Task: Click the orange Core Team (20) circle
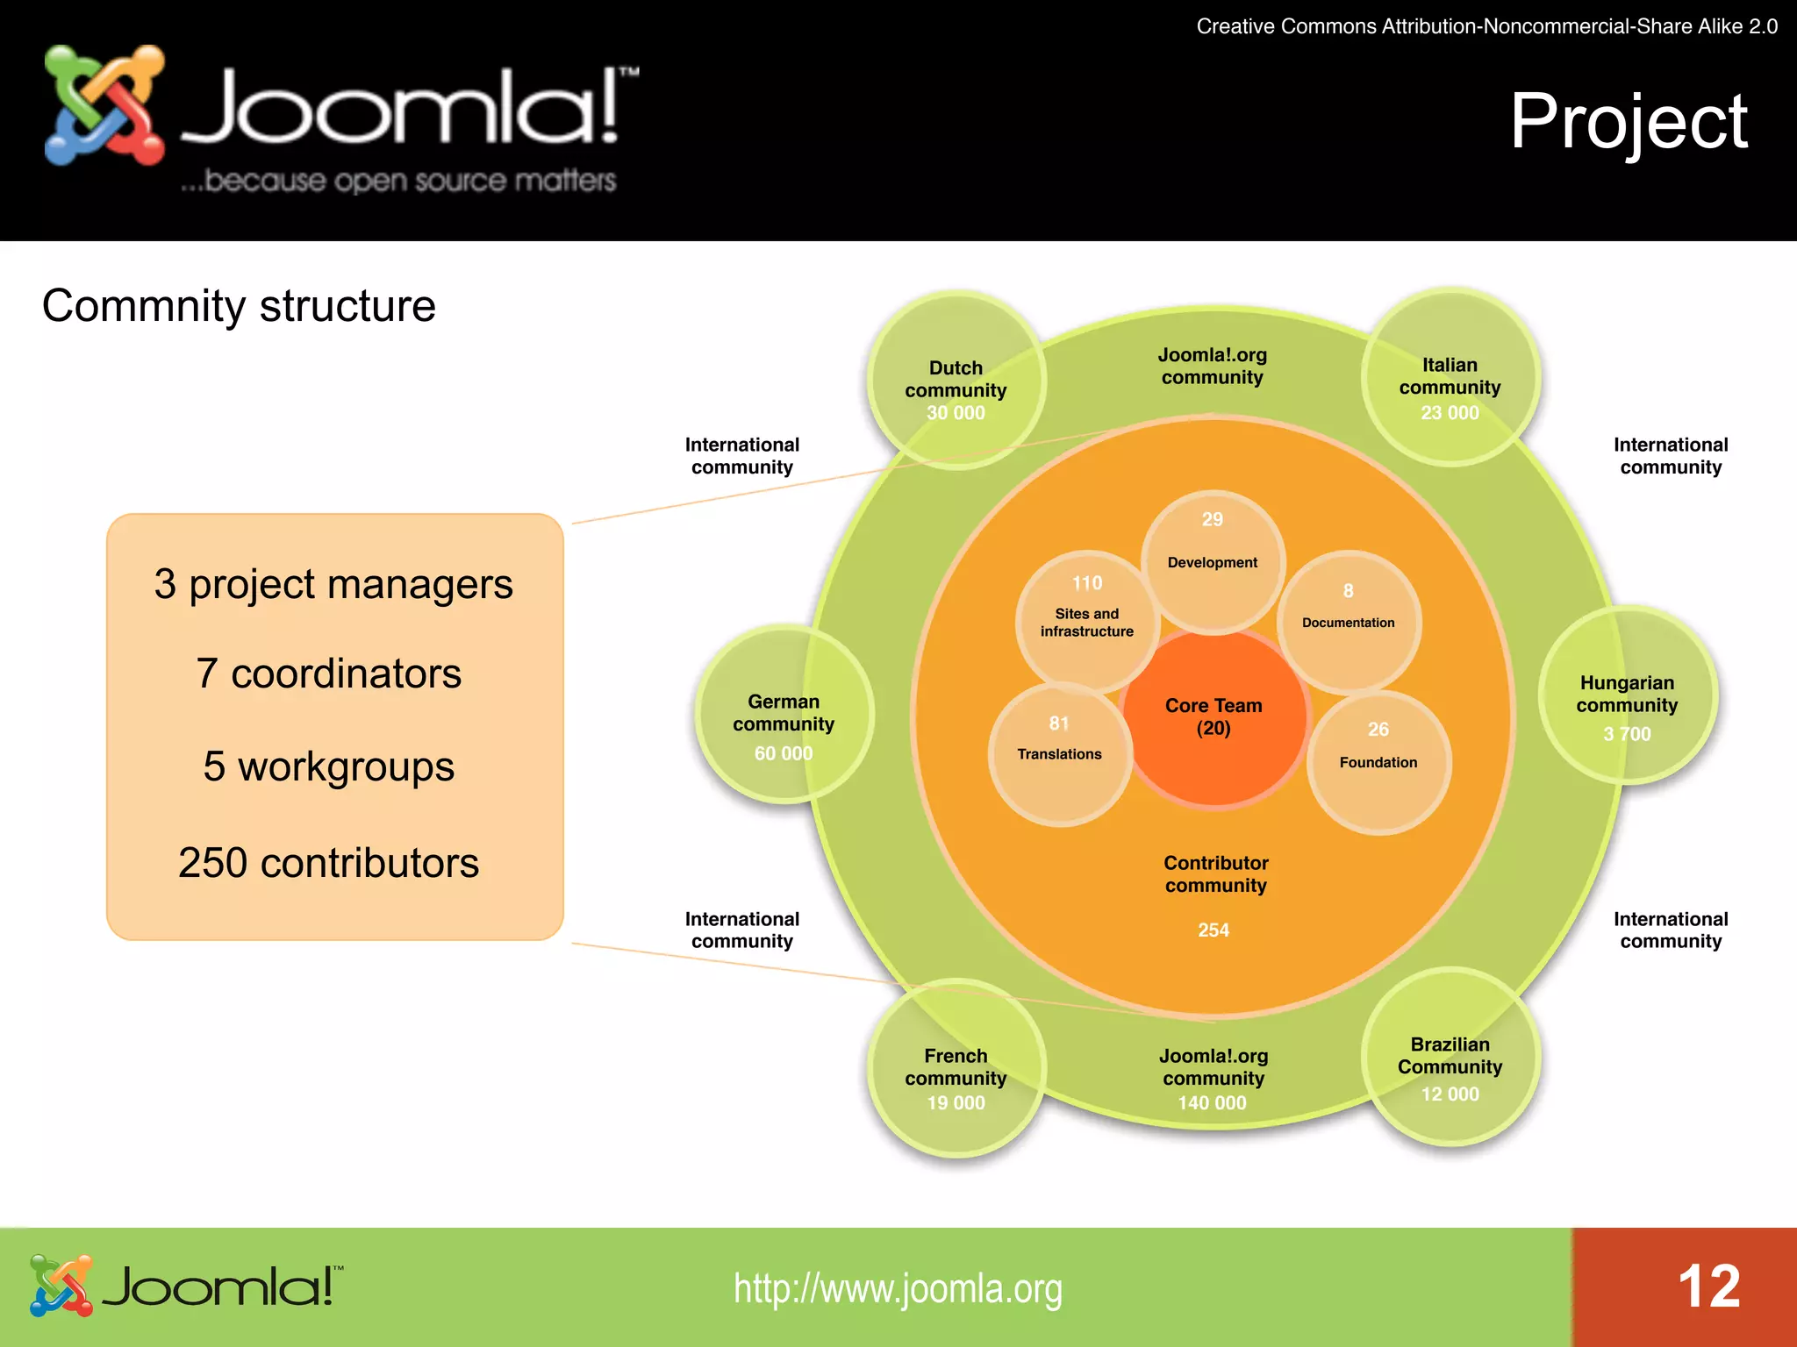coord(1214,717)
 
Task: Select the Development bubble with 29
coord(1213,561)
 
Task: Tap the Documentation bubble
coord(1349,621)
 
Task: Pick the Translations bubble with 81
coord(1060,752)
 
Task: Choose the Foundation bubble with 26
coord(1378,761)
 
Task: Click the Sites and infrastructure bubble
coord(1087,621)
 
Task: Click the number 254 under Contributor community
coord(1214,930)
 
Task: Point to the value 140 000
coord(1212,1102)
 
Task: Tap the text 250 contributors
coord(328,863)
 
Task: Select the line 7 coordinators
coord(328,673)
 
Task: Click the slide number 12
coord(1708,1286)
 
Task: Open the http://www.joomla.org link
coord(898,1288)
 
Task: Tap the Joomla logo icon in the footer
coord(61,1286)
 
